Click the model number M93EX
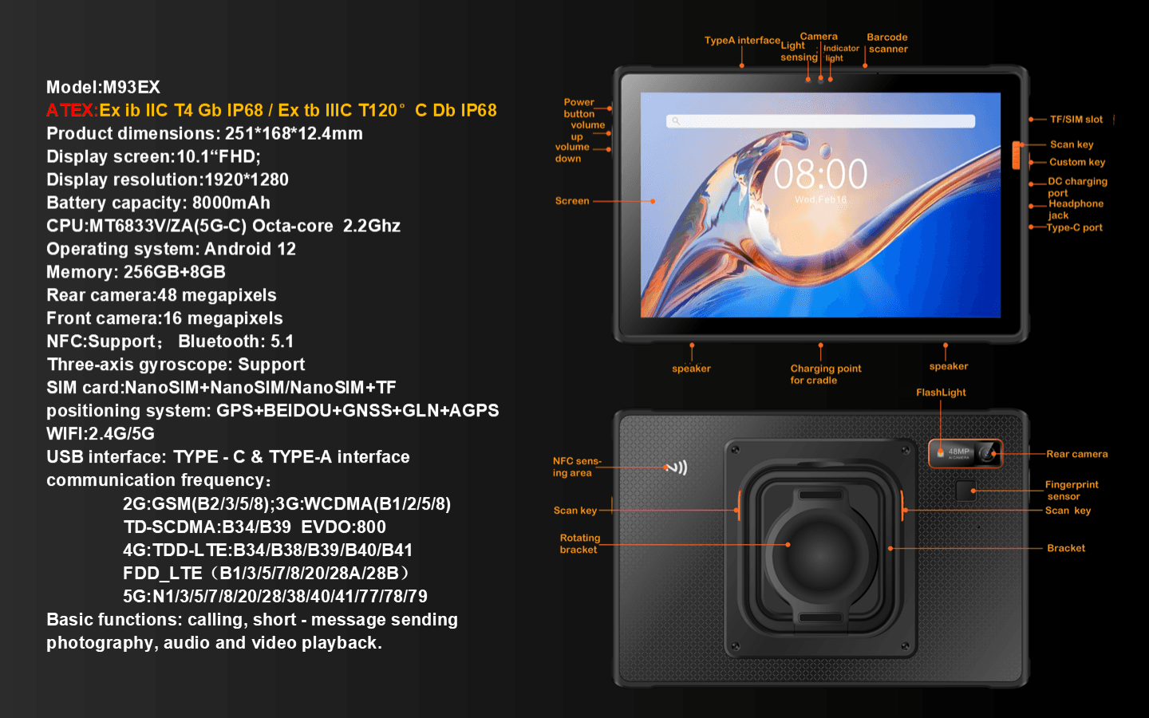132,87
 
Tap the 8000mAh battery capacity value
231,203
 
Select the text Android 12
250,249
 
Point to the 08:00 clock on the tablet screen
820,174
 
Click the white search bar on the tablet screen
820,121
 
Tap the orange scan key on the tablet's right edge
1016,155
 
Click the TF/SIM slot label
1076,120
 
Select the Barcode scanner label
887,43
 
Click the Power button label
579,108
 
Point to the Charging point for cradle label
825,374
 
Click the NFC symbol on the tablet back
677,467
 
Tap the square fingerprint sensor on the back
965,491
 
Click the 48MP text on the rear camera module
959,452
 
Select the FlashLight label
941,393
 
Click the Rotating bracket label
579,543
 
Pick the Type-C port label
1074,227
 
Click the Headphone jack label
1076,209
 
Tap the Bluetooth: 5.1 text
236,341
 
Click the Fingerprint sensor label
1072,491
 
